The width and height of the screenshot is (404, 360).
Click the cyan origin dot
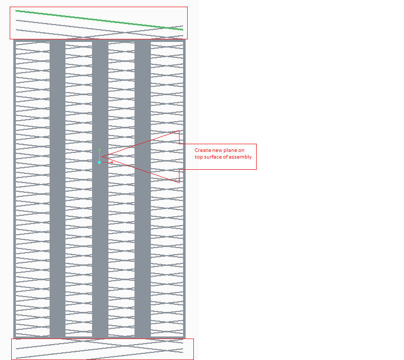[x=99, y=162]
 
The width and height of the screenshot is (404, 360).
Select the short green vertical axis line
[x=99, y=156]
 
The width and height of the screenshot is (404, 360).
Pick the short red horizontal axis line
[x=106, y=162]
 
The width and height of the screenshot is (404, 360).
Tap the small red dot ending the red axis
[x=112, y=162]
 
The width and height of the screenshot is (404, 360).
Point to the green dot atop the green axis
[x=99, y=150]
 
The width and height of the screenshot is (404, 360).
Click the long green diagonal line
[x=99, y=20]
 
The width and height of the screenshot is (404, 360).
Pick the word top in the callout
[x=198, y=157]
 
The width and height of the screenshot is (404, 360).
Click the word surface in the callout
[x=213, y=157]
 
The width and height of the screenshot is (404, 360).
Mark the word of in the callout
[x=225, y=157]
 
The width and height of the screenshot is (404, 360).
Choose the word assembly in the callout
[x=240, y=157]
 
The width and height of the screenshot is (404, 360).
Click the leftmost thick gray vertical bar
[x=57, y=189]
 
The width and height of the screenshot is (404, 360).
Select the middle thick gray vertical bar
[x=100, y=189]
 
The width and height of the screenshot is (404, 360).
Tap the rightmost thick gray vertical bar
[x=143, y=189]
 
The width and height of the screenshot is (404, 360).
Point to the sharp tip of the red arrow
[x=102, y=156]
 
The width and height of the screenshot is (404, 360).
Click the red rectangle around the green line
[x=98, y=7]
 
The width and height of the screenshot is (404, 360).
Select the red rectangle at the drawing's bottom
[x=102, y=339]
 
